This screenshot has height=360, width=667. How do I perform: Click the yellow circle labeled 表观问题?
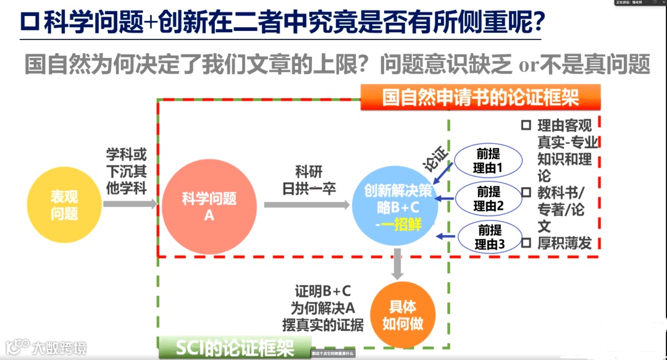[64, 205]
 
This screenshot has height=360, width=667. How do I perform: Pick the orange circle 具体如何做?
[402, 316]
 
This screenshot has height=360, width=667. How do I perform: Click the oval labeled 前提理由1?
[488, 160]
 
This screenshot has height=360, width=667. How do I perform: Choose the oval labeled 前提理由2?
[488, 198]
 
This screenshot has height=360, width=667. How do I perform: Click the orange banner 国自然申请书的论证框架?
[480, 98]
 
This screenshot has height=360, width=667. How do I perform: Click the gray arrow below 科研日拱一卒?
[306, 204]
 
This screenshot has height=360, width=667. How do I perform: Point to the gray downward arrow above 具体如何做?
[398, 264]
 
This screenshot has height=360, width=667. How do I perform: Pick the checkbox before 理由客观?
[526, 125]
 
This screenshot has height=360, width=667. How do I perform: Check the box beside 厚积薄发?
[526, 243]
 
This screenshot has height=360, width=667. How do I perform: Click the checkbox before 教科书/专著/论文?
[526, 192]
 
